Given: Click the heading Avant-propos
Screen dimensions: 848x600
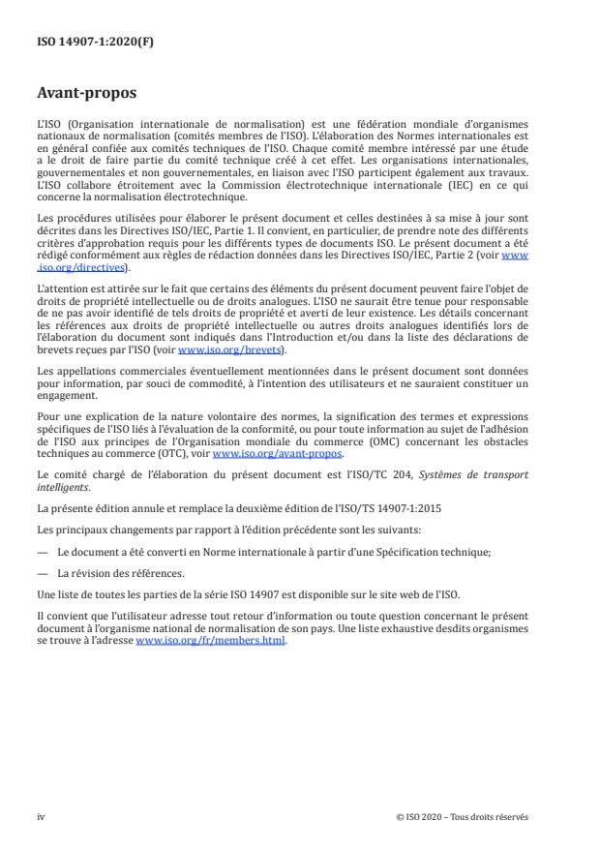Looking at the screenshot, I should pyautogui.click(x=86, y=95).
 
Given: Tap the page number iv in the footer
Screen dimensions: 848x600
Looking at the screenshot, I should pyautogui.click(x=41, y=816).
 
